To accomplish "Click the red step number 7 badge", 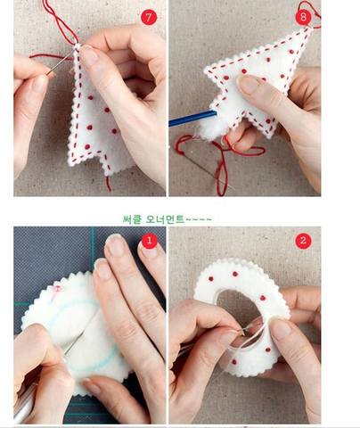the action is click(149, 17).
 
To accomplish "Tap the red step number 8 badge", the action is click(303, 17).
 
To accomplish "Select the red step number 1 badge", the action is click(149, 241).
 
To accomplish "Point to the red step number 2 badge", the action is click(303, 241).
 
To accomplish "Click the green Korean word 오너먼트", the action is click(165, 219).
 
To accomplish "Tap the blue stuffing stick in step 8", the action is click(192, 118).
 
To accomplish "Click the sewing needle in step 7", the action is click(60, 63).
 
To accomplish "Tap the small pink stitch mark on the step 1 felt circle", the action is click(57, 289).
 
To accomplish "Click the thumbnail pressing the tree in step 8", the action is click(249, 85).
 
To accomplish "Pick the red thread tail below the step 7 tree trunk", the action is click(109, 184).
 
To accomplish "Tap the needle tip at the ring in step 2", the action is click(243, 333).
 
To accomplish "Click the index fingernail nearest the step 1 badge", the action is click(149, 251).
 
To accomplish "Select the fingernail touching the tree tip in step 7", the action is click(88, 55).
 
